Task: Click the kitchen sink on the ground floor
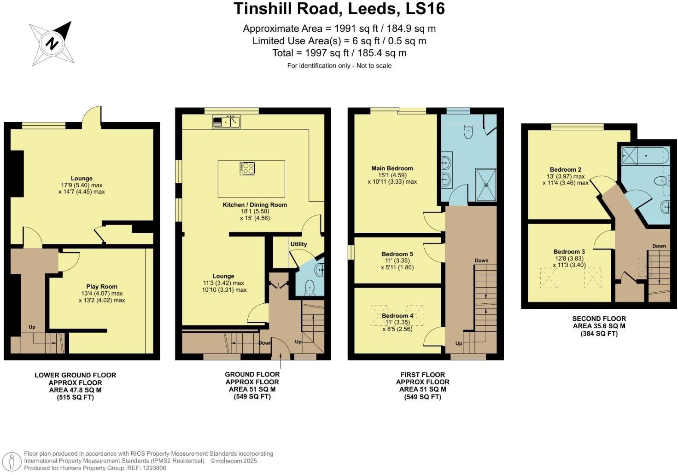tap(227, 122)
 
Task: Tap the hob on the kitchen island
tap(247, 168)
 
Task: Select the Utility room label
tap(298, 244)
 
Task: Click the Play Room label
tap(102, 286)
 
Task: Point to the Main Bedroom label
tap(392, 168)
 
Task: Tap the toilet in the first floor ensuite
tap(468, 132)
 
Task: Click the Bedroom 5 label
tap(397, 254)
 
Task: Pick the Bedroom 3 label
tap(569, 252)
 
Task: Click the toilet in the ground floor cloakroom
tap(310, 288)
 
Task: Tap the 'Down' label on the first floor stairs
tap(481, 261)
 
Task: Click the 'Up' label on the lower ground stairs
tap(32, 327)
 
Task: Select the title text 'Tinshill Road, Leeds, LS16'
tap(339, 9)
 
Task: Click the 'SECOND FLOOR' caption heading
tap(599, 319)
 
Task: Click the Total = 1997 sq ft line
tap(339, 53)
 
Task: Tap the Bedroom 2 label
tap(565, 169)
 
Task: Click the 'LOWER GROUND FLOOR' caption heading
tap(75, 375)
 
